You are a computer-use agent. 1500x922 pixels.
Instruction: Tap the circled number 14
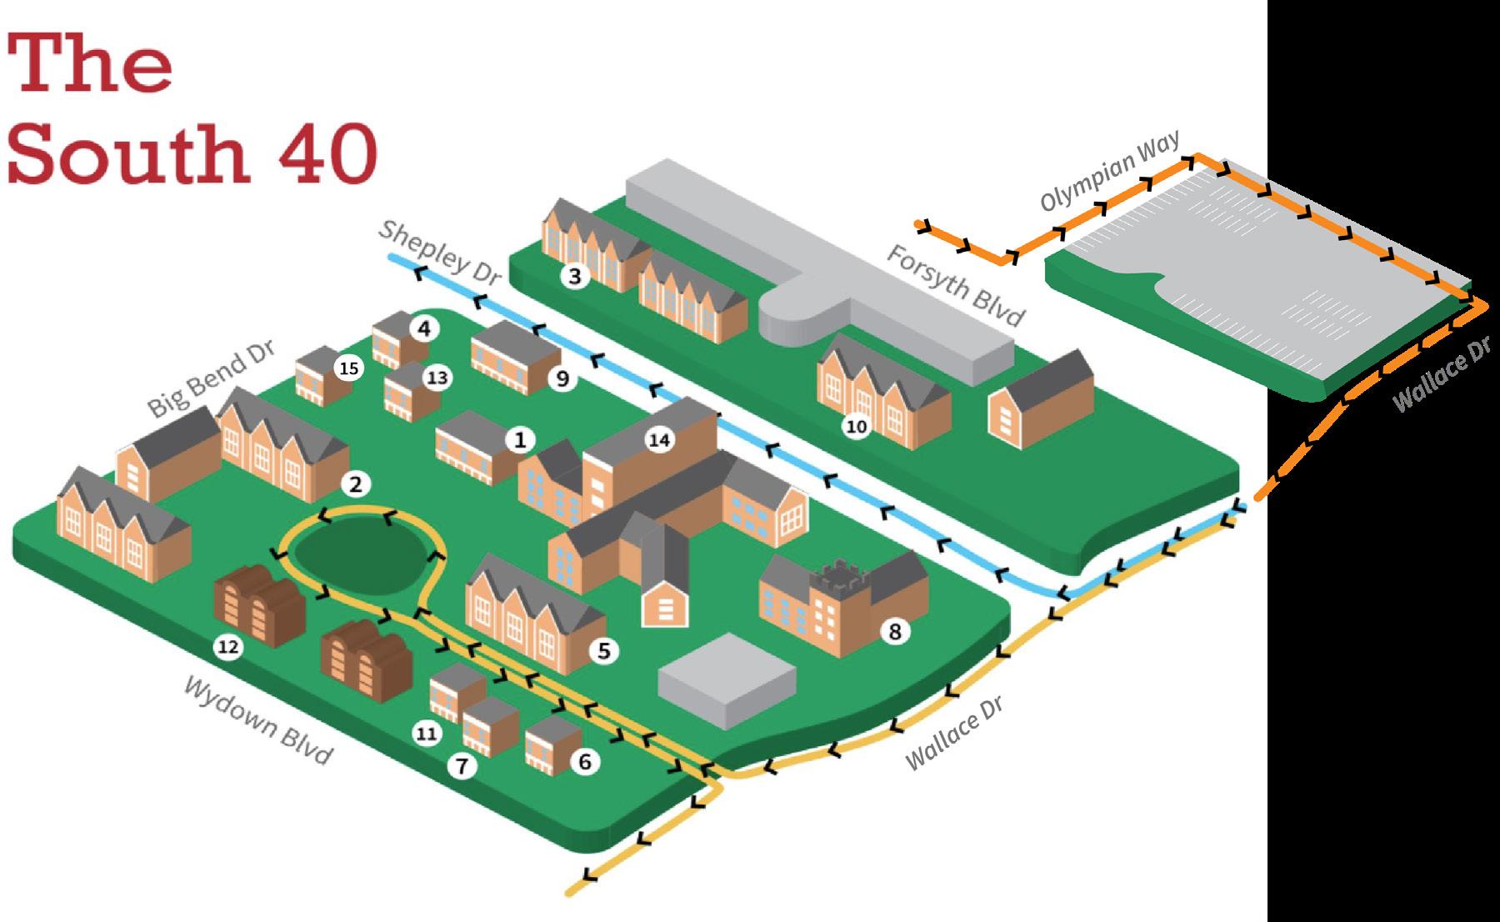point(659,439)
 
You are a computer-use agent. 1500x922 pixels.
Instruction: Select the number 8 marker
point(895,632)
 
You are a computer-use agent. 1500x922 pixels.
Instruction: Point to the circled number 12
point(227,645)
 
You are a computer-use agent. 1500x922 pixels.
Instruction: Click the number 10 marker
point(857,427)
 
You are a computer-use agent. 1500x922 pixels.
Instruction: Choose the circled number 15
point(350,368)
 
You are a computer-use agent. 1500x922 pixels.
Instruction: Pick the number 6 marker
point(584,761)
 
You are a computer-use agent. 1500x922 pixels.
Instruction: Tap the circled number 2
point(356,484)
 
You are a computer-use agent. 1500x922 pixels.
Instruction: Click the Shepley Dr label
point(437,253)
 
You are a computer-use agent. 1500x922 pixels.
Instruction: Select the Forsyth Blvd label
point(955,286)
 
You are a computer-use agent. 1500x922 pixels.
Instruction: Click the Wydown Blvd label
point(258,720)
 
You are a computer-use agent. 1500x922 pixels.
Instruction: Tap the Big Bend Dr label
point(211,379)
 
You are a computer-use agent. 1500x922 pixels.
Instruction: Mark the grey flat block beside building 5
point(727,678)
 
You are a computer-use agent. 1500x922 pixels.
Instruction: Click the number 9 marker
point(562,378)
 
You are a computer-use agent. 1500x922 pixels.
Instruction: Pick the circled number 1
point(520,439)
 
